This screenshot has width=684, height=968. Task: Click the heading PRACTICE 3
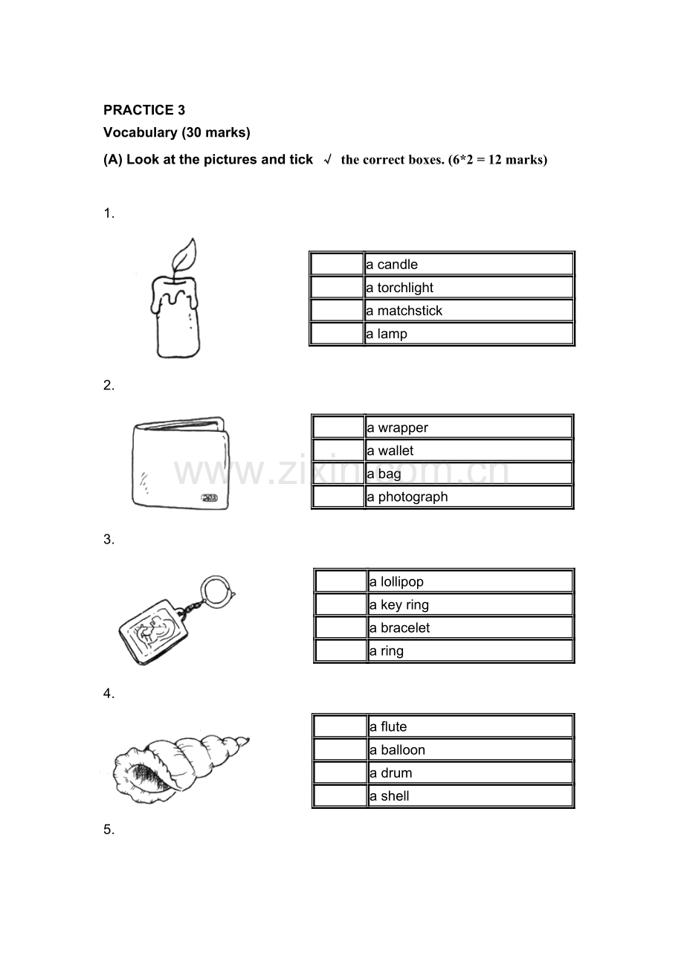pyautogui.click(x=144, y=110)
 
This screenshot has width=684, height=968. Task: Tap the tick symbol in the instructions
pyautogui.click(x=328, y=160)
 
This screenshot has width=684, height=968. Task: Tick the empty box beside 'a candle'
pyautogui.click(x=337, y=264)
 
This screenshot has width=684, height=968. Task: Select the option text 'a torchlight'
pyautogui.click(x=399, y=288)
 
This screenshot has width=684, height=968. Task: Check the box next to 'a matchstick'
pyautogui.click(x=337, y=310)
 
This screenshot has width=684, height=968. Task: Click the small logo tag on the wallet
pyautogui.click(x=209, y=498)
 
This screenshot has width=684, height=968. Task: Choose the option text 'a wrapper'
pyautogui.click(x=398, y=427)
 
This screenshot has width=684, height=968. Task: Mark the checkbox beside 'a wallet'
pyautogui.click(x=338, y=451)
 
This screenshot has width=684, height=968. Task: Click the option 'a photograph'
pyautogui.click(x=407, y=497)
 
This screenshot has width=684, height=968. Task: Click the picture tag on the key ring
pyautogui.click(x=154, y=632)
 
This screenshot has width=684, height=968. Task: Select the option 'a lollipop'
pyautogui.click(x=396, y=581)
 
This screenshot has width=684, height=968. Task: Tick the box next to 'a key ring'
pyautogui.click(x=341, y=604)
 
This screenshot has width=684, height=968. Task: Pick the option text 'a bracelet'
pyautogui.click(x=399, y=628)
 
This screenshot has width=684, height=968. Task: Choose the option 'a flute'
pyautogui.click(x=388, y=727)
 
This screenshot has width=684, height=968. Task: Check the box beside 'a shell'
pyautogui.click(x=340, y=796)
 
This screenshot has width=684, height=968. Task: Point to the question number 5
pyautogui.click(x=109, y=830)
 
